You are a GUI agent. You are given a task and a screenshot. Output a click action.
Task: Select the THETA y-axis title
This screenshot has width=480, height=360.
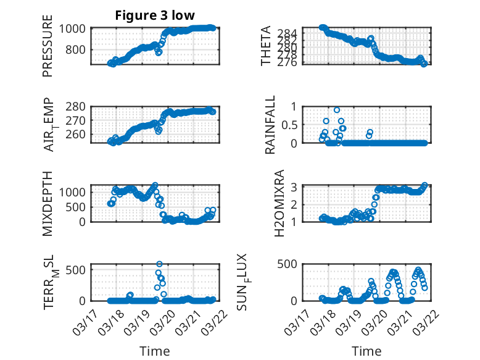tap(265, 46)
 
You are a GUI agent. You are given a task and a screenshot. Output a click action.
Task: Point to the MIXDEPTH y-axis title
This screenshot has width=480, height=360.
tap(48, 203)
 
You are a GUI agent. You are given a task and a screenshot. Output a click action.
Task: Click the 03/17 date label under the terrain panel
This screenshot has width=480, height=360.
tap(84, 317)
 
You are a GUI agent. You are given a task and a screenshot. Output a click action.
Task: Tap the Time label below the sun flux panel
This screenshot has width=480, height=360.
tap(366, 351)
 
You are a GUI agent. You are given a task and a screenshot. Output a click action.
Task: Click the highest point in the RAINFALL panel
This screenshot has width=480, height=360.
tap(337, 110)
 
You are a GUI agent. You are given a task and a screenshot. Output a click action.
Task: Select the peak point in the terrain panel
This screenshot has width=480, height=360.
tap(160, 264)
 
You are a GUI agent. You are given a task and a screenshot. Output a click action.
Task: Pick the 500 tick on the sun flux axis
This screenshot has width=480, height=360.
tap(289, 264)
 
